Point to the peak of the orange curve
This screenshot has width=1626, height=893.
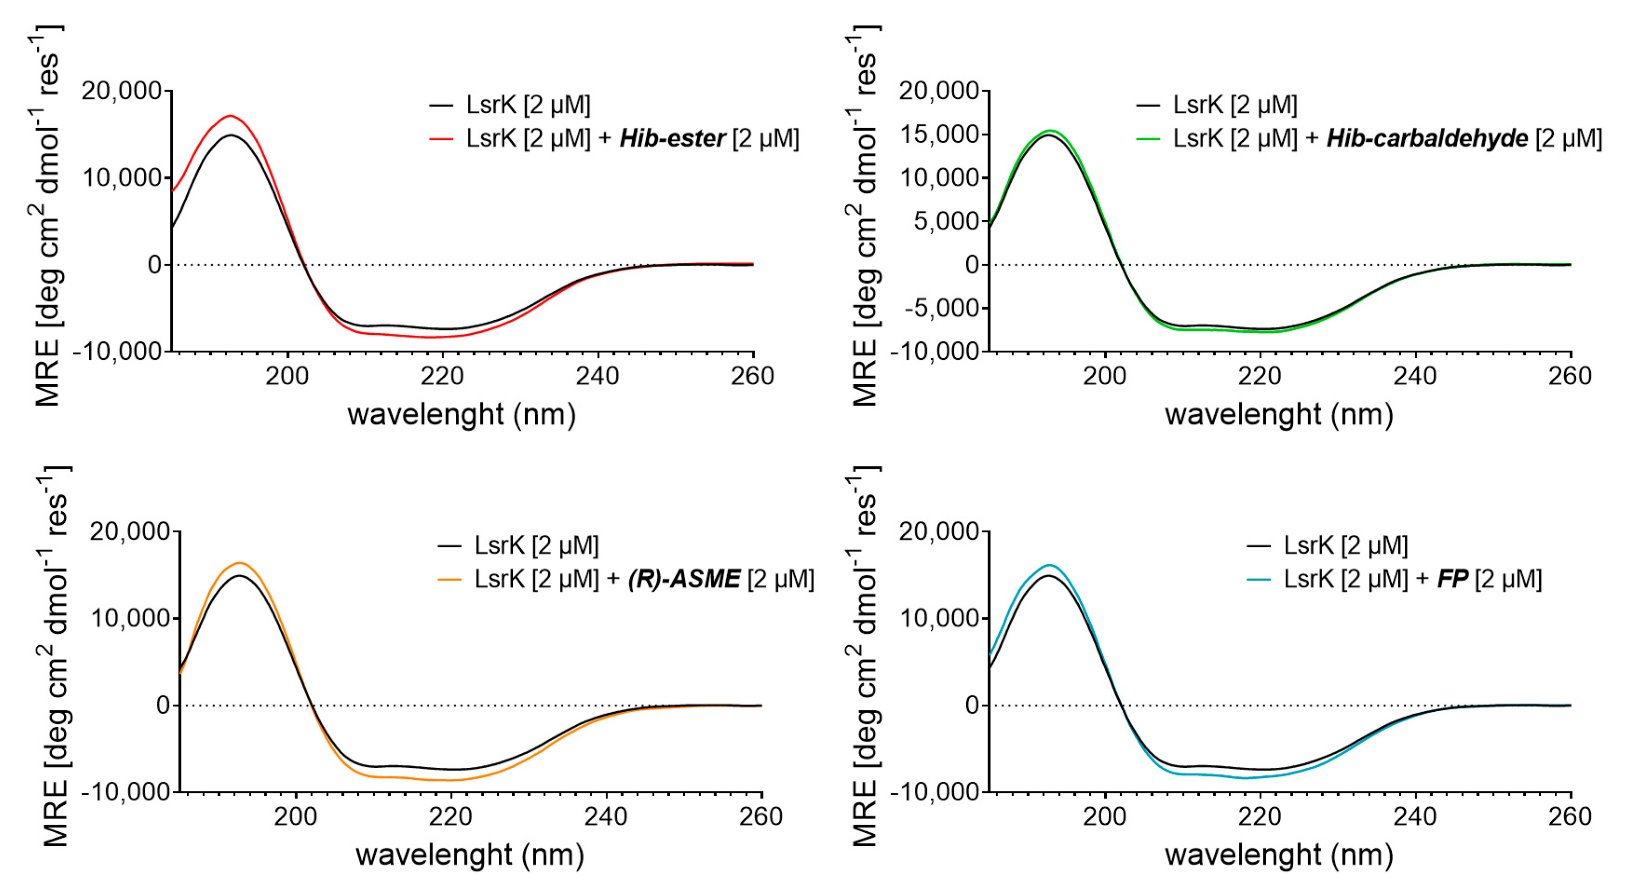[240, 563]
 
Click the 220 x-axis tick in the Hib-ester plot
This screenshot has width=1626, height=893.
[442, 377]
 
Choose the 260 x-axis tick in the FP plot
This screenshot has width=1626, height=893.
[1570, 817]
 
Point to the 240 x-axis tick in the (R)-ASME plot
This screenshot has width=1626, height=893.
[605, 817]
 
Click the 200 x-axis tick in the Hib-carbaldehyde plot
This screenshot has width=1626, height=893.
[1105, 377]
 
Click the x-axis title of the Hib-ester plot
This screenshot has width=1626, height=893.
[461, 415]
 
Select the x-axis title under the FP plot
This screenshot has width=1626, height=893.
[1279, 855]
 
